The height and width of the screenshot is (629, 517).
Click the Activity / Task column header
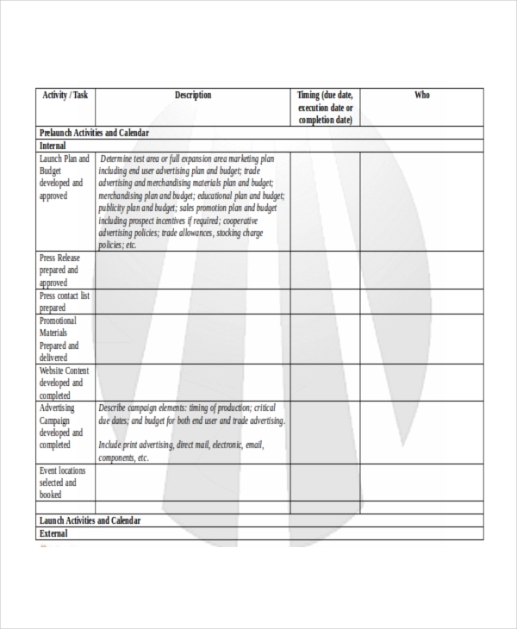(65, 96)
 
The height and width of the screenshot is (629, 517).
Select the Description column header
(192, 96)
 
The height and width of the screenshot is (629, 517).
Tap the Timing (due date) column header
(325, 108)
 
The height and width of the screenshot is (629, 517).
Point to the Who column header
(422, 96)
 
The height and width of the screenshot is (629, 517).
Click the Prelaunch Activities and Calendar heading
(95, 134)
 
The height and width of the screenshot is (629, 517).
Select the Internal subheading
(53, 146)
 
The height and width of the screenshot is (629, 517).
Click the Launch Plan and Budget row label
(64, 177)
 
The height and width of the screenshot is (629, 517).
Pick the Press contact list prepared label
(64, 302)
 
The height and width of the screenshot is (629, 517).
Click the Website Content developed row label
(64, 383)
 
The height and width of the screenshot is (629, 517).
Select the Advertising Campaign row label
(60, 427)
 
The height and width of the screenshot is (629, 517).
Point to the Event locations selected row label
(62, 483)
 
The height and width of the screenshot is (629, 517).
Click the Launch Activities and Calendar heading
(90, 521)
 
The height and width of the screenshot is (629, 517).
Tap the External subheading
(53, 533)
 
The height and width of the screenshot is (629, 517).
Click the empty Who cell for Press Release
(422, 271)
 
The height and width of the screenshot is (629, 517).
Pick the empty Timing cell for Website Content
(325, 383)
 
